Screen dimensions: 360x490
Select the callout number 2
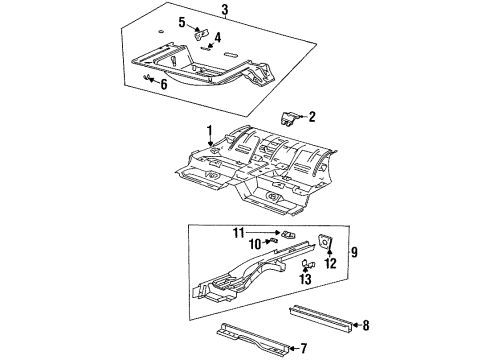[x=311, y=116]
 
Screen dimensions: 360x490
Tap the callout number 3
[x=225, y=11]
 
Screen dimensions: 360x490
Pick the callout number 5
[x=182, y=22]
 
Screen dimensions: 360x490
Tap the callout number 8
[x=366, y=324]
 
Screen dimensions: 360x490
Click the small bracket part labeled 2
[x=291, y=120]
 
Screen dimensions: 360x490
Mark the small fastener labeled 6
[x=149, y=79]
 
